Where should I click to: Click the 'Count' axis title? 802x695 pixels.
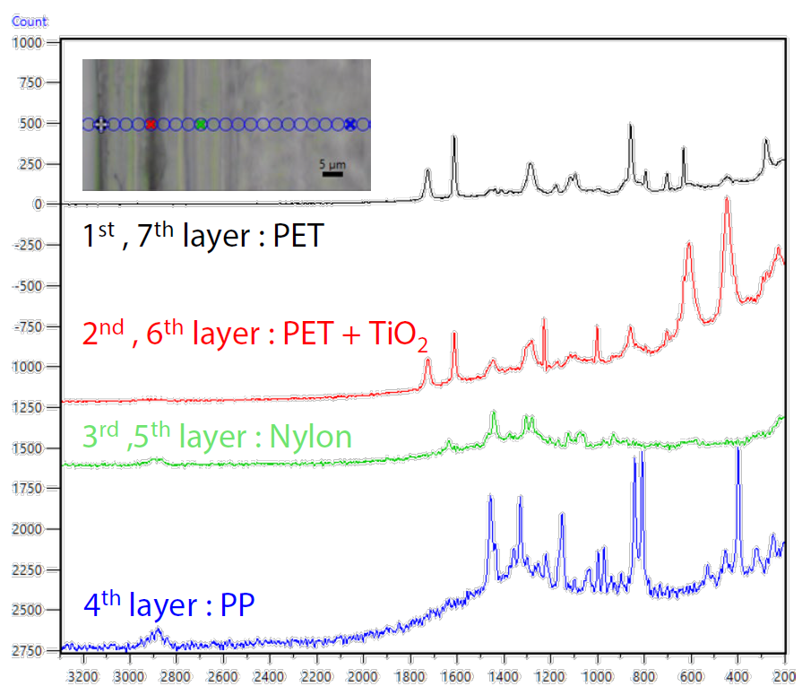click(x=30, y=20)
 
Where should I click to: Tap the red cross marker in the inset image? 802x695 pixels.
click(x=151, y=125)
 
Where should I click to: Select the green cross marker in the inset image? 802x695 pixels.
click(x=201, y=125)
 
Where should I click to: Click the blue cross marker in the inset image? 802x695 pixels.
click(x=350, y=125)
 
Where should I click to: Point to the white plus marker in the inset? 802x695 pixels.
click(x=101, y=125)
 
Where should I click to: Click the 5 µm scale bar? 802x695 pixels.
click(x=332, y=172)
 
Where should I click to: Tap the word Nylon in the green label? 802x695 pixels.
click(x=309, y=437)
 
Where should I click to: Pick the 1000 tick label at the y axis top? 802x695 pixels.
click(x=29, y=42)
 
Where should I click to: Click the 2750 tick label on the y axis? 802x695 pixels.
click(x=29, y=649)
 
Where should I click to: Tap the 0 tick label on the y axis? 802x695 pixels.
click(x=39, y=204)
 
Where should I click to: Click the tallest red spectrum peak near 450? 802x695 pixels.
click(x=727, y=200)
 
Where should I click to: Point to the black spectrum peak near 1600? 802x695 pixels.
click(x=454, y=137)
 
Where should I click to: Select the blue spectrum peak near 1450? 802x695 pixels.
click(x=490, y=497)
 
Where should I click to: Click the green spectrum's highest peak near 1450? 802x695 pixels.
click(x=494, y=413)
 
